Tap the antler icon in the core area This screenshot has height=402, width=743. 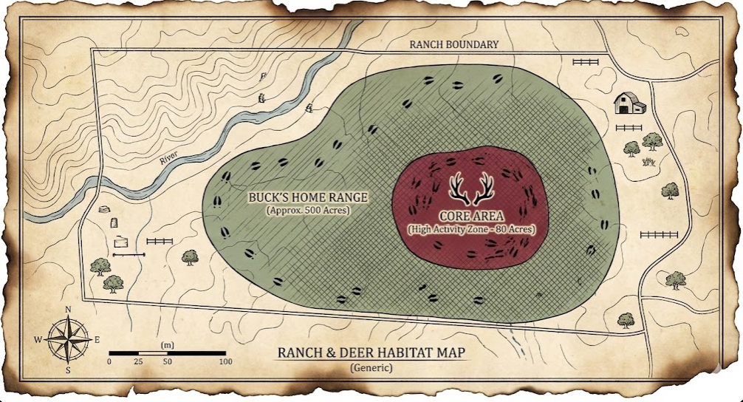[x=472, y=189]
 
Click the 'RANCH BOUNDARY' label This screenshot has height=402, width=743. [x=453, y=44]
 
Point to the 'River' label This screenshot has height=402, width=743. [x=171, y=154]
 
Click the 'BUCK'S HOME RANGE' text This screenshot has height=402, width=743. [x=309, y=198]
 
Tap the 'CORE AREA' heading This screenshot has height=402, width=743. [x=471, y=217]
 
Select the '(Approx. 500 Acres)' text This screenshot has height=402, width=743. [x=309, y=211]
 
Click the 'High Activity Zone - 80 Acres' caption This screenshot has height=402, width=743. [x=471, y=230]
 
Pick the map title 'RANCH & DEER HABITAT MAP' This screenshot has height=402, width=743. [x=371, y=352]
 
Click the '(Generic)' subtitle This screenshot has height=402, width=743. [x=371, y=367]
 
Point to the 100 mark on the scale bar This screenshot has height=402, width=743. [x=225, y=362]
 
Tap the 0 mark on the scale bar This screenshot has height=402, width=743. [x=109, y=362]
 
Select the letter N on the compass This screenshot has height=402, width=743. [x=68, y=310]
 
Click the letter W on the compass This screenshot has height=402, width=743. [x=38, y=340]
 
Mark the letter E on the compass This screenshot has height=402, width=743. [x=97, y=340]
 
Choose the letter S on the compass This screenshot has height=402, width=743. [x=68, y=370]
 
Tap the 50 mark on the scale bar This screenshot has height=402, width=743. [x=167, y=362]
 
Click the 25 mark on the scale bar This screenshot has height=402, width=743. [x=138, y=362]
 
